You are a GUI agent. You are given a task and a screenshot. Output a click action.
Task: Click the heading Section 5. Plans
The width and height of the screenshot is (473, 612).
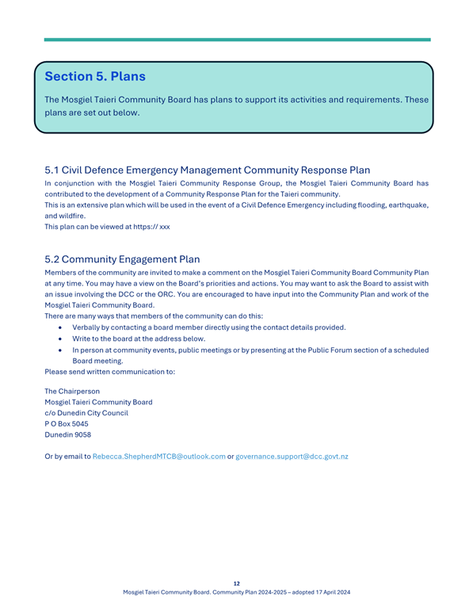coord(95,77)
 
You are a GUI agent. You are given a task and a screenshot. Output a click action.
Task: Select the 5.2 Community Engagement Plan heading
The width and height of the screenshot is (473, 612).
coord(122,258)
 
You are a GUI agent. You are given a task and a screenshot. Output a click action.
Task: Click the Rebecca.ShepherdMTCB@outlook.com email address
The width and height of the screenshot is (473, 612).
coord(159,457)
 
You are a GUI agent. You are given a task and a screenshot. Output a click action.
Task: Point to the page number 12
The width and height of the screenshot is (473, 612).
coord(237,583)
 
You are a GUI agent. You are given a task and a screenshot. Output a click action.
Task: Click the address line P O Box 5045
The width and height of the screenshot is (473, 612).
coord(67,423)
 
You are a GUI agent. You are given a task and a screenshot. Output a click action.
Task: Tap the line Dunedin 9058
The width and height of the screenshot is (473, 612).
coord(67,434)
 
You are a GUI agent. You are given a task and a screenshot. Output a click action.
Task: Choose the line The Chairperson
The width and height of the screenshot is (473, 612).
coord(72,391)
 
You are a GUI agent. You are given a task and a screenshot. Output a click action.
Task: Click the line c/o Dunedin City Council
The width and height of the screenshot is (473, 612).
coord(86,412)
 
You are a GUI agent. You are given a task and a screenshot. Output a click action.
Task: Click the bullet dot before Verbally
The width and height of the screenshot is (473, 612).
coord(61,327)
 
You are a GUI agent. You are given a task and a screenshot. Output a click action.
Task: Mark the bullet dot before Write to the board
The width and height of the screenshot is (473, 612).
coord(61,339)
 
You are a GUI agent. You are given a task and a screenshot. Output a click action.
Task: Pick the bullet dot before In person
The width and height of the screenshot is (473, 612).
coord(61,350)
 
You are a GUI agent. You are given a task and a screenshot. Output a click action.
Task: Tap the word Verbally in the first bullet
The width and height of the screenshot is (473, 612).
coord(88,327)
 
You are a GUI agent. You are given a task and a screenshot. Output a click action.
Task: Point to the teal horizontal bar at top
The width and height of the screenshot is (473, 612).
coord(237,40)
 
